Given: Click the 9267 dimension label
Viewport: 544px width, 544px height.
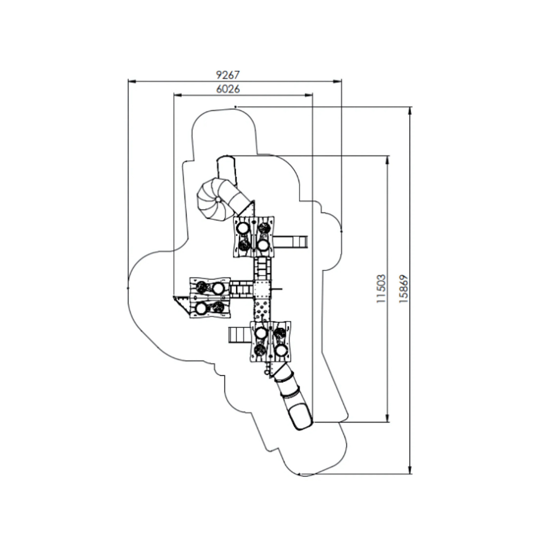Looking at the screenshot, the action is click(x=228, y=75).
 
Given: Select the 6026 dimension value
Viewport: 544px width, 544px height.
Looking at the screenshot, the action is click(x=228, y=89).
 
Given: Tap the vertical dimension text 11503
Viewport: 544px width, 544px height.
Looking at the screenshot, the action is click(x=381, y=289).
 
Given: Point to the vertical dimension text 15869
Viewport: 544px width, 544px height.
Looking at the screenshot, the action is click(x=403, y=289).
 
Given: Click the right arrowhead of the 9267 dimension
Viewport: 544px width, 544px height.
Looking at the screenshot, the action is click(x=337, y=82).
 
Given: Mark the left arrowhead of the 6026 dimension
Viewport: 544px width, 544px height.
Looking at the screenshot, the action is click(x=178, y=95).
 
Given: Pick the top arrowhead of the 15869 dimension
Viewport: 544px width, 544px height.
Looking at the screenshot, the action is click(x=410, y=111).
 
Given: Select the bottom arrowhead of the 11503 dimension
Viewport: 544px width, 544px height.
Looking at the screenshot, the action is click(x=387, y=418).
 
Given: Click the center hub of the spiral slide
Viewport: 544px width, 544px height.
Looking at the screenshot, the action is click(x=218, y=200).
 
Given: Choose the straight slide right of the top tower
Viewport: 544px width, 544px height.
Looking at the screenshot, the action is click(x=290, y=242).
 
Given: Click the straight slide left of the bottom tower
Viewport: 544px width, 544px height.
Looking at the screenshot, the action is click(x=239, y=335).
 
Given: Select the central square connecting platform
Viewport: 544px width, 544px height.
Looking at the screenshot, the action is click(x=262, y=289).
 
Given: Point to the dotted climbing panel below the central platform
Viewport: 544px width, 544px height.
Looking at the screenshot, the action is click(x=262, y=309).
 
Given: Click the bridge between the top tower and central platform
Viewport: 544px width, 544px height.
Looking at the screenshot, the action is click(x=262, y=269).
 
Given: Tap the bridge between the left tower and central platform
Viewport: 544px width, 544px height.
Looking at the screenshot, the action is click(x=242, y=289).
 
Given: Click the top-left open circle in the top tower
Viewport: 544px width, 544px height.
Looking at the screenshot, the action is click(x=243, y=228).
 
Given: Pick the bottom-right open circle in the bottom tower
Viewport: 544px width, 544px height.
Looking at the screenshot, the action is click(x=281, y=350).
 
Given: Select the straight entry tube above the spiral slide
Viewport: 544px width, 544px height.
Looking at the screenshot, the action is click(x=226, y=171).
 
